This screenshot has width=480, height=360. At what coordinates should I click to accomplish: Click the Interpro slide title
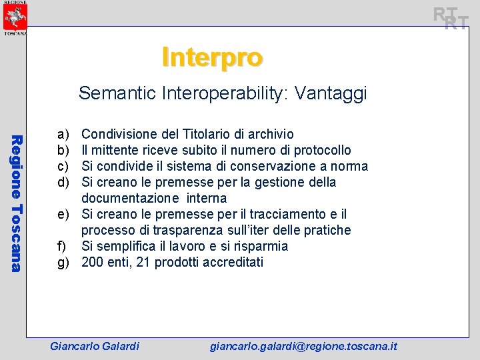[x=212, y=58]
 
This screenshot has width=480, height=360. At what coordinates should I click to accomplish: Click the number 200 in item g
[x=93, y=262]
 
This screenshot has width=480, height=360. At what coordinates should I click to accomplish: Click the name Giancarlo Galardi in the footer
[x=95, y=346]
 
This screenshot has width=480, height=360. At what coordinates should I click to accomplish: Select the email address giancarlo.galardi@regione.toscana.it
[x=303, y=346]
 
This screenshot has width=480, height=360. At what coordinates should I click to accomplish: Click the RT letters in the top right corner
[x=451, y=18]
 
